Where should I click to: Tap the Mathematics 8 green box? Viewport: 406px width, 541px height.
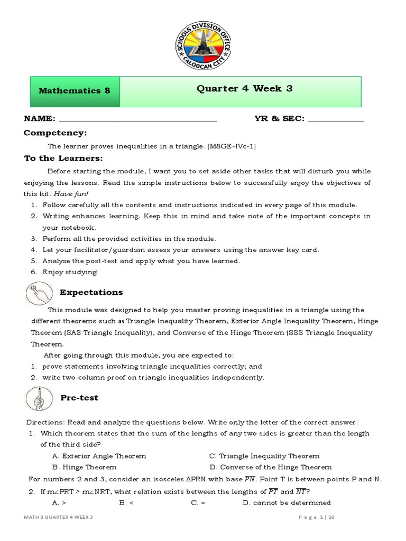(75, 90)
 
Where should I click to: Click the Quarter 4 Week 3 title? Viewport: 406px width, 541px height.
(244, 89)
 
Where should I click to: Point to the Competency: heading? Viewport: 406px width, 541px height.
(55, 133)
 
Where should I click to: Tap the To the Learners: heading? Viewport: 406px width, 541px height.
(63, 158)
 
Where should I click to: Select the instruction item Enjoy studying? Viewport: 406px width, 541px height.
(70, 272)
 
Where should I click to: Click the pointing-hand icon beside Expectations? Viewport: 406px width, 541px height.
(39, 293)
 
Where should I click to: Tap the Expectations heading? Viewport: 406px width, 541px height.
(91, 292)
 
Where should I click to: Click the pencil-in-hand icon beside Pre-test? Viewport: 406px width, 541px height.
(39, 398)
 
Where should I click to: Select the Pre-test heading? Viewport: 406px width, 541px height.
(79, 398)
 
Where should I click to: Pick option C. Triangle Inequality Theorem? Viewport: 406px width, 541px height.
(264, 456)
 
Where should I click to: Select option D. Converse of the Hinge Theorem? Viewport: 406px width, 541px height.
(270, 467)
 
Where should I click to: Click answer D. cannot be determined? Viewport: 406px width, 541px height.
(287, 502)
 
